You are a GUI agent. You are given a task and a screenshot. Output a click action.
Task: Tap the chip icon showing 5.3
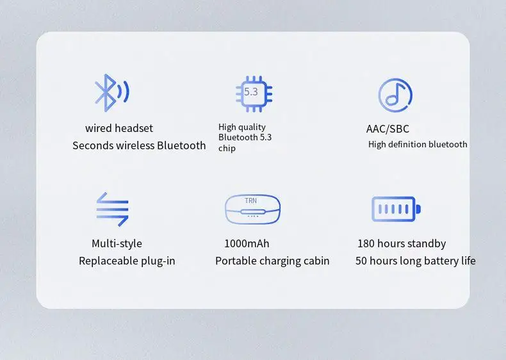click(254, 94)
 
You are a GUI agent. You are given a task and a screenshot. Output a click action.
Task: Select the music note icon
click(395, 95)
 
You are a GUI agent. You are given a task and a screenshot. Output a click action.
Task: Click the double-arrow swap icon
click(112, 209)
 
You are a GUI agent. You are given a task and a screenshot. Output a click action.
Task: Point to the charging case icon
click(252, 209)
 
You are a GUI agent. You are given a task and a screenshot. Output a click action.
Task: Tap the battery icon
click(396, 209)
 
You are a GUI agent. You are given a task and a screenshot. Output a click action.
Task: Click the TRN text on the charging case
click(250, 201)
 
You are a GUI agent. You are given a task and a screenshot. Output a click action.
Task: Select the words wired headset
click(119, 128)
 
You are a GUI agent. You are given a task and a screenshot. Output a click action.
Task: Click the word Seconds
click(93, 145)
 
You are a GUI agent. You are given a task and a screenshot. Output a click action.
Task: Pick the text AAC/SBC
click(388, 129)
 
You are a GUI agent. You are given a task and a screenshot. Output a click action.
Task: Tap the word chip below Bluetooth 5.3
click(227, 149)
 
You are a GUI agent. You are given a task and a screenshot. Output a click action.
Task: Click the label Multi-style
click(117, 243)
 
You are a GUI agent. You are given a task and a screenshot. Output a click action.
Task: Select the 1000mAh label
click(247, 243)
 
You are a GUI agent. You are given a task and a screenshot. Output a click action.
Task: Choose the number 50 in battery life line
click(361, 261)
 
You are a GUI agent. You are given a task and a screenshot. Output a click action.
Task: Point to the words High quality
click(242, 127)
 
